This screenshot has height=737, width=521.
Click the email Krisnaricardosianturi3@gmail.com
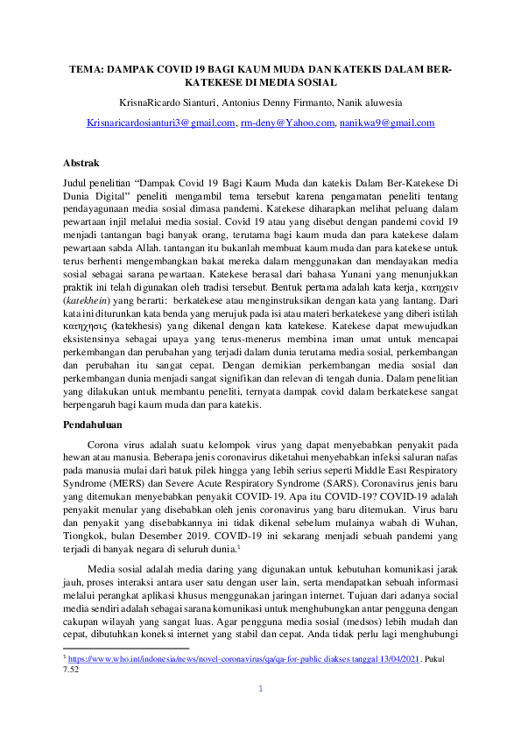coord(162,123)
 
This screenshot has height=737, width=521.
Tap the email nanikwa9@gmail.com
coord(387,123)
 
